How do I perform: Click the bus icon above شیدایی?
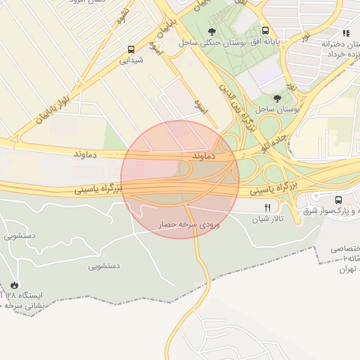(x=131, y=49)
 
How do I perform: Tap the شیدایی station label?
(x=131, y=60)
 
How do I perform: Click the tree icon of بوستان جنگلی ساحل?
(x=212, y=31)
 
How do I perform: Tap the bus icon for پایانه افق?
(x=265, y=31)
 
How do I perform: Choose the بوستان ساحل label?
(x=278, y=109)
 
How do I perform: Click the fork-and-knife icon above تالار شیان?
(x=267, y=207)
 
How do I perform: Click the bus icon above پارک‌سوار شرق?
(x=340, y=200)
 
